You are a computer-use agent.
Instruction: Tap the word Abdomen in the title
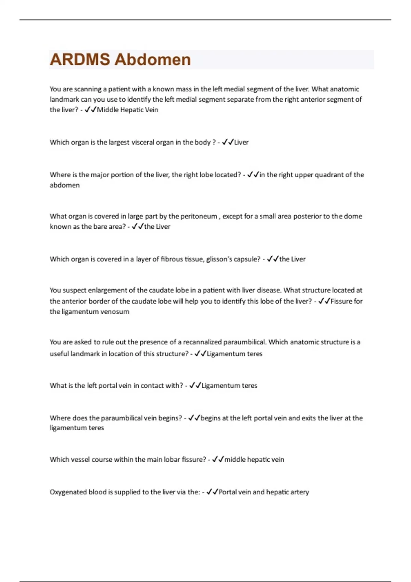pyautogui.click(x=152, y=60)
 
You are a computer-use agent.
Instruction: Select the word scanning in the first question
pyautogui.click(x=88, y=89)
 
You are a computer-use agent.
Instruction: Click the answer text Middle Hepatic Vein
pyautogui.click(x=127, y=110)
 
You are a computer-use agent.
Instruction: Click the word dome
pyautogui.click(x=353, y=216)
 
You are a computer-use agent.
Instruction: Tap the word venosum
pyautogui.click(x=117, y=312)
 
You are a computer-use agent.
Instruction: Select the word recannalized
pyautogui.click(x=202, y=342)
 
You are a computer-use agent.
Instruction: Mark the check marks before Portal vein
pyautogui.click(x=212, y=492)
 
